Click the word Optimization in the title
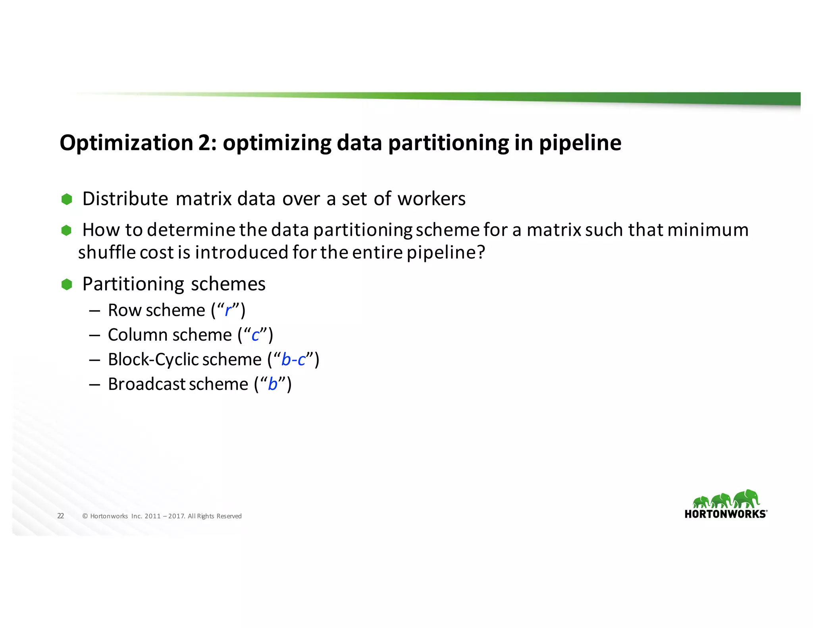126,143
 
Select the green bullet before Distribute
67,199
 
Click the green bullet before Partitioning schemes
67,284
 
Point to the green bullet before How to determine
66,230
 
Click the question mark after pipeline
481,252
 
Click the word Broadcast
146,384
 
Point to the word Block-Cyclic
153,360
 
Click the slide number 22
60,516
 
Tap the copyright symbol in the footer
85,516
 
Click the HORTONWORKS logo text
725,514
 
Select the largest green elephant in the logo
746,499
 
